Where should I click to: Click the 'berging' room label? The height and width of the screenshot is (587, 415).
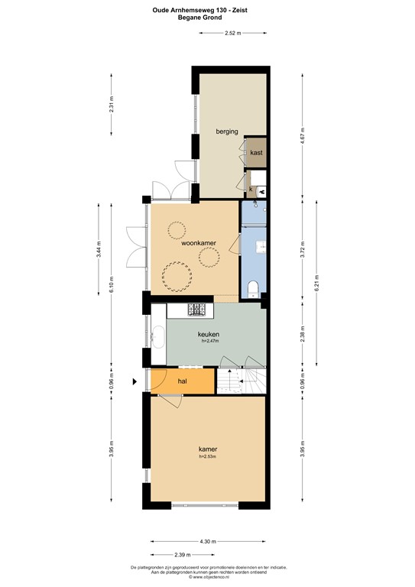pyautogui.click(x=226, y=131)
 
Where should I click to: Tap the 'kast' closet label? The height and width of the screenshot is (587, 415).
pyautogui.click(x=256, y=153)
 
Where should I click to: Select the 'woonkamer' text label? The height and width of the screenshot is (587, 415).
pyautogui.click(x=198, y=243)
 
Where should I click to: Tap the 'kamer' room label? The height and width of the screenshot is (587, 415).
pyautogui.click(x=208, y=449)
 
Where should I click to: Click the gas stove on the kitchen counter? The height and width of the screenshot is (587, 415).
pyautogui.click(x=198, y=310)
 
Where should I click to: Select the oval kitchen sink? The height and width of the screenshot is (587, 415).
pyautogui.click(x=158, y=336)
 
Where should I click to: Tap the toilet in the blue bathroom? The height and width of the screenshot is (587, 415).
pyautogui.click(x=255, y=287)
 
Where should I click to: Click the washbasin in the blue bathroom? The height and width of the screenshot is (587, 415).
pyautogui.click(x=261, y=246)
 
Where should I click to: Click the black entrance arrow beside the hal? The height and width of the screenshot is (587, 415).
pyautogui.click(x=136, y=380)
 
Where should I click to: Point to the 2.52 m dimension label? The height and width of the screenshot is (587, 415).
pyautogui.click(x=233, y=34)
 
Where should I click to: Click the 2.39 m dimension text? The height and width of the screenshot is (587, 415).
pyautogui.click(x=181, y=555)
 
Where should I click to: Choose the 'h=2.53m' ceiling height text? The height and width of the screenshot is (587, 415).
pyautogui.click(x=208, y=457)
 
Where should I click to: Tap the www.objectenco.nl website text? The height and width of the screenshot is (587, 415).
pyautogui.click(x=208, y=578)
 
